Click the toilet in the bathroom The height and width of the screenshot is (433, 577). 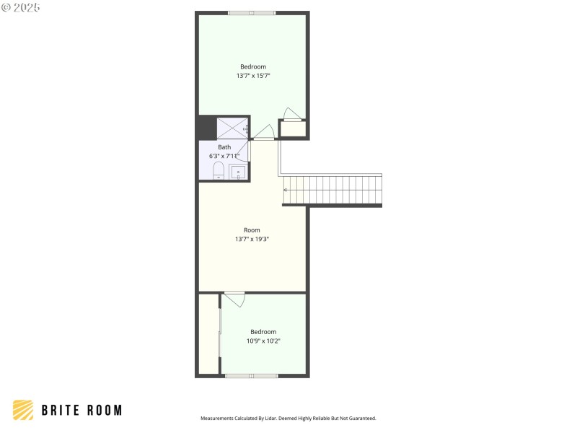(x=218, y=171)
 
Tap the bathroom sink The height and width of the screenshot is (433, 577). (x=237, y=172)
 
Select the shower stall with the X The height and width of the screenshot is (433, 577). (x=232, y=128)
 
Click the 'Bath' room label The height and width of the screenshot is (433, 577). (x=224, y=147)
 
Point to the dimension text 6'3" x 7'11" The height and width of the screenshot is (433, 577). (x=224, y=156)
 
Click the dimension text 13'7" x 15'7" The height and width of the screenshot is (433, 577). (x=253, y=76)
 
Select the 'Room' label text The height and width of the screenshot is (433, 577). (x=252, y=230)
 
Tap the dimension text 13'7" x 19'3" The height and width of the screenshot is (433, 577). (x=252, y=239)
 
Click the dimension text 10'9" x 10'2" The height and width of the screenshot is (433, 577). (x=263, y=341)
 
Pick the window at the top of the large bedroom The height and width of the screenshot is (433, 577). (x=252, y=12)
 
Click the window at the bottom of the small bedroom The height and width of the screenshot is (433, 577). (x=252, y=375)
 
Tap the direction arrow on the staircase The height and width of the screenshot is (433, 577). (x=286, y=190)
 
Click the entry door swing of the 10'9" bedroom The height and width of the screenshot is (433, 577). (x=235, y=299)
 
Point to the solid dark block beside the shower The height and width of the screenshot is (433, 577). (x=207, y=128)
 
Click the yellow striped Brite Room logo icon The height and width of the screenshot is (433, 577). (x=23, y=410)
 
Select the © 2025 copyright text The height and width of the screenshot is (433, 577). (x=21, y=7)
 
